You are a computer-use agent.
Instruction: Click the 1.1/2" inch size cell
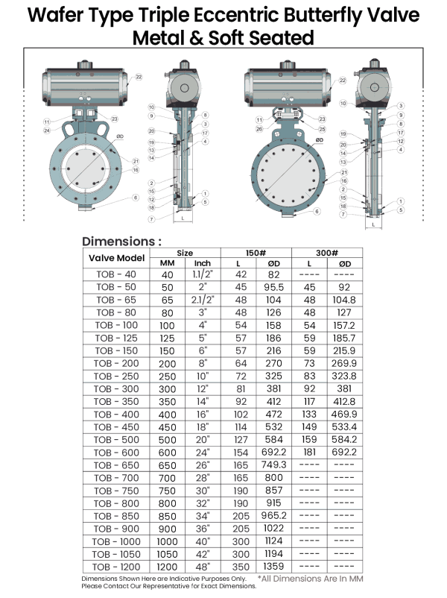204,274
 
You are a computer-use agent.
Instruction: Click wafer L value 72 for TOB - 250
241,376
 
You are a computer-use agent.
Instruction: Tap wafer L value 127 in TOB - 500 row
241,439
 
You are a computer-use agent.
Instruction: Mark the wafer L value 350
241,567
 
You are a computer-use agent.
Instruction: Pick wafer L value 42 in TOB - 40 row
241,274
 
